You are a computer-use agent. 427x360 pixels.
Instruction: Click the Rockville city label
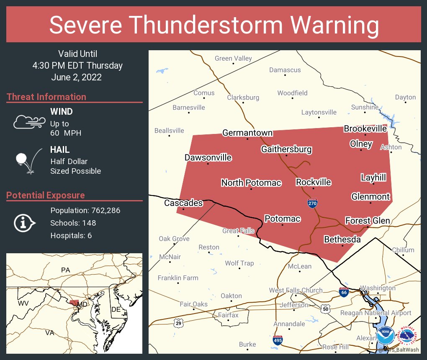pos(313,182)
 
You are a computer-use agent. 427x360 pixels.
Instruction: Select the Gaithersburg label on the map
pos(286,149)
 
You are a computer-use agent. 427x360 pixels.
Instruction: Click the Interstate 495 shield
pos(278,340)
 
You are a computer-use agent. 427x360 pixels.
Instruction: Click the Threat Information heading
pos(46,97)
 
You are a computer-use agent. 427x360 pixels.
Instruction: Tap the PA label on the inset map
pos(65,270)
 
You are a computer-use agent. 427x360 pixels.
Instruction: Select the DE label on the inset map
pos(116,309)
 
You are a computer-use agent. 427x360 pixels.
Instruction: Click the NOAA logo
pos(385,336)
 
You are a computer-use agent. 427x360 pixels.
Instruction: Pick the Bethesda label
pos(342,239)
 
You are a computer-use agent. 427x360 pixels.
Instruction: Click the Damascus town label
pos(285,70)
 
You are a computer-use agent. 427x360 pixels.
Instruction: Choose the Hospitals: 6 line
pos(71,236)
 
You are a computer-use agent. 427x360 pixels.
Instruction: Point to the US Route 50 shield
pos(326,309)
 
